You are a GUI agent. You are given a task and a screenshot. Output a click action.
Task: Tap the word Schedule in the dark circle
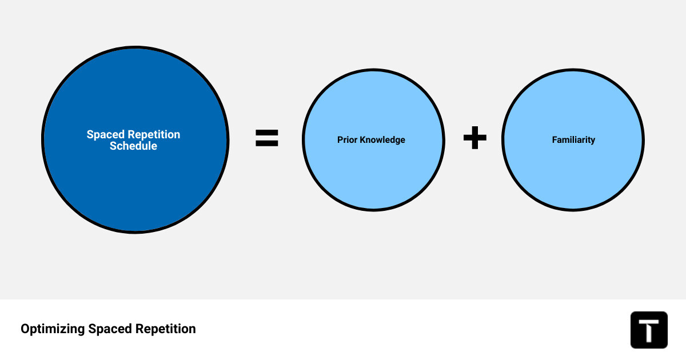click(133, 146)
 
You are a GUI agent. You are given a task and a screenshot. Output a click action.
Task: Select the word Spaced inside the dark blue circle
click(105, 135)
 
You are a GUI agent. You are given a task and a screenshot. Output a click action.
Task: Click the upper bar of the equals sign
click(266, 133)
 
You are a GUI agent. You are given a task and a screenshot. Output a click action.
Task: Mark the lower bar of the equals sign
click(266, 144)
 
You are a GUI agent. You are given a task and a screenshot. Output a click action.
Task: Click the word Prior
click(346, 140)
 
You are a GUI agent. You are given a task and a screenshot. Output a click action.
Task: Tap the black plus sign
click(474, 139)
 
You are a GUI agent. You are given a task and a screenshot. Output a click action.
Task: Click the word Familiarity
click(573, 140)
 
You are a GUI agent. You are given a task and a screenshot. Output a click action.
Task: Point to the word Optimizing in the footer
click(53, 329)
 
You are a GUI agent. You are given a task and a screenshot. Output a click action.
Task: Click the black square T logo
click(649, 330)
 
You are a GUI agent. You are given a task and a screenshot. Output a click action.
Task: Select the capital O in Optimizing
click(25, 329)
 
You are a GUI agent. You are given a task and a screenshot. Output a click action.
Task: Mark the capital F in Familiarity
click(555, 140)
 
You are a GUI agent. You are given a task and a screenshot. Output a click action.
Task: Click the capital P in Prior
click(340, 140)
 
